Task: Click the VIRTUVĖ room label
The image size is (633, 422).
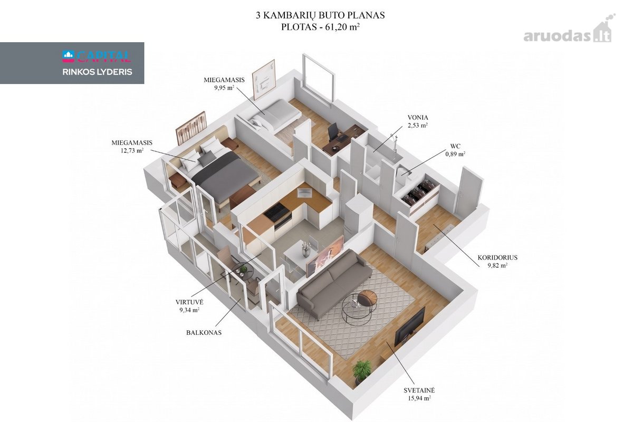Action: tap(189, 302)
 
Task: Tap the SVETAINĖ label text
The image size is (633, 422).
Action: tap(419, 390)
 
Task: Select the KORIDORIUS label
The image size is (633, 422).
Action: tap(497, 257)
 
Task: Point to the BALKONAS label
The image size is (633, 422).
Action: tap(204, 333)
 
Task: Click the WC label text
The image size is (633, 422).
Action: tap(455, 146)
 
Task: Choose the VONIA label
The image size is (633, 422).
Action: tap(418, 117)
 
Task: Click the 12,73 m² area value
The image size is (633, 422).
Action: tap(132, 150)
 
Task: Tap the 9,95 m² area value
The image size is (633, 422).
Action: tap(224, 88)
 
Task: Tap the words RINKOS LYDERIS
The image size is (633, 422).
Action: tap(97, 72)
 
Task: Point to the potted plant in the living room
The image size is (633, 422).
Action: tap(361, 370)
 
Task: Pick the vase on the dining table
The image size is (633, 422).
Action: tap(305, 249)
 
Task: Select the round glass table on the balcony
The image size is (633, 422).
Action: tap(243, 272)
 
